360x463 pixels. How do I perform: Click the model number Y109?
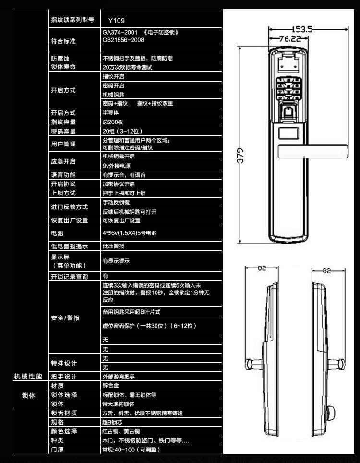116,21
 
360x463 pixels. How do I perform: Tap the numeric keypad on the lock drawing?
289,89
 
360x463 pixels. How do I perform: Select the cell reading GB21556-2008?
123,40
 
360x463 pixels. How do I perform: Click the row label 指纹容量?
63,122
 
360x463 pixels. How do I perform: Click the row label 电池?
57,233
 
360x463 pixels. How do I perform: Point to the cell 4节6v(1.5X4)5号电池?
130,233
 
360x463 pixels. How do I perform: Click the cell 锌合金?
110,385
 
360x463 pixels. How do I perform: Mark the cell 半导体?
110,113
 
